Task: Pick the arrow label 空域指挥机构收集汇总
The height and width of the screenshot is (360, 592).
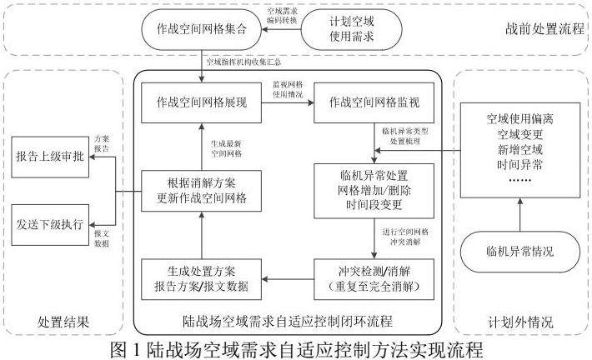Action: (x=243, y=62)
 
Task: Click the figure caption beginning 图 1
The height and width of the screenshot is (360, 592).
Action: (x=296, y=345)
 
